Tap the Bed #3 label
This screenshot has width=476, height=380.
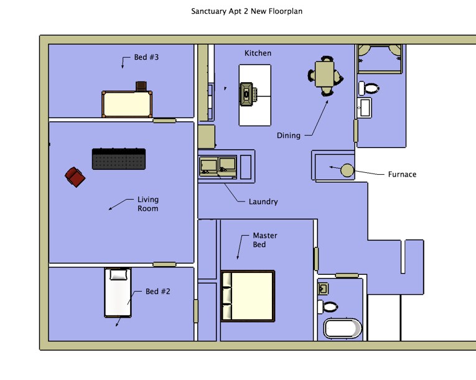click(147, 58)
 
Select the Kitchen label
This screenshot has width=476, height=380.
click(258, 53)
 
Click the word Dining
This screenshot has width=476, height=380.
click(289, 136)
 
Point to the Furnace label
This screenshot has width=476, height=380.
click(402, 175)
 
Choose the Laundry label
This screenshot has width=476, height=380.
click(263, 202)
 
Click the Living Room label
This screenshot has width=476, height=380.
click(148, 204)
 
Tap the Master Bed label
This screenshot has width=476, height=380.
click(265, 240)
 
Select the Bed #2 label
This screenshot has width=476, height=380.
click(158, 291)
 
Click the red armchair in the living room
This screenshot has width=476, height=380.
click(75, 177)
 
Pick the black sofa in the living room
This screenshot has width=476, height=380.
click(119, 159)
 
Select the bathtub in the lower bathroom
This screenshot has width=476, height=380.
click(342, 328)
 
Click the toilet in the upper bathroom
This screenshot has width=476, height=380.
click(371, 88)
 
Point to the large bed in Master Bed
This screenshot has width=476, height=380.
click(248, 296)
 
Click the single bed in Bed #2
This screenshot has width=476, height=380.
click(118, 292)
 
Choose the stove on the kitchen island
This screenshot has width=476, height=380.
click(248, 94)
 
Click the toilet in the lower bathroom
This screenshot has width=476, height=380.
click(330, 307)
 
